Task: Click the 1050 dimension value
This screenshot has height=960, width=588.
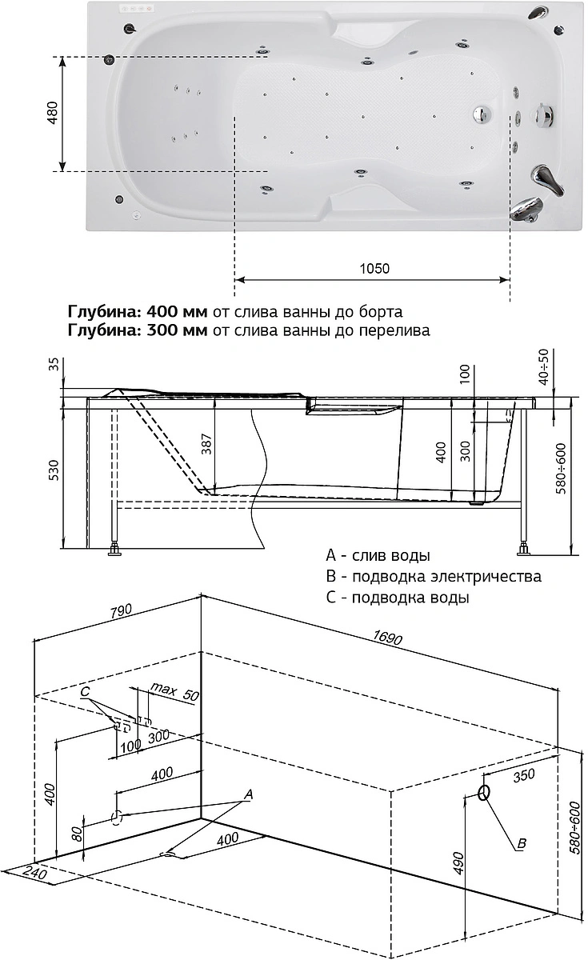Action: [374, 269]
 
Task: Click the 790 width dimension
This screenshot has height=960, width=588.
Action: [120, 612]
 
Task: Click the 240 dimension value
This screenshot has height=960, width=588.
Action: [34, 875]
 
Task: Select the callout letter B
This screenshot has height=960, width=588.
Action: [521, 842]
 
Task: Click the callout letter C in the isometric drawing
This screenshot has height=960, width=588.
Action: [86, 690]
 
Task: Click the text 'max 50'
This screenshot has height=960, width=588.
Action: [173, 691]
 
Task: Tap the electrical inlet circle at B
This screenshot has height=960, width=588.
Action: [483, 793]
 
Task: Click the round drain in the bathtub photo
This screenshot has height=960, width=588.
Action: [482, 115]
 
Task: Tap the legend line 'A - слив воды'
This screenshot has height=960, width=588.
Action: [378, 555]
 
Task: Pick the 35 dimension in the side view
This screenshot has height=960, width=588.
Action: [54, 365]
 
